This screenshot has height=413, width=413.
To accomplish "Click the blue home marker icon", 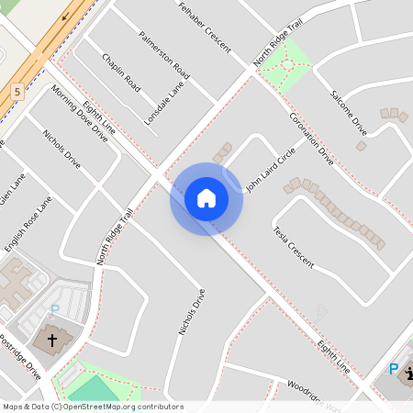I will point(206,197).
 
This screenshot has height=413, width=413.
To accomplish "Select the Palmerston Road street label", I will point(164,54).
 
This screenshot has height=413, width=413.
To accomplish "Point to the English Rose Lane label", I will point(28,224).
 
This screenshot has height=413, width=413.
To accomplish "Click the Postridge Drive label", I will point(20,358).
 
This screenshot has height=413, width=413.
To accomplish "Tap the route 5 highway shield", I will point(17,92).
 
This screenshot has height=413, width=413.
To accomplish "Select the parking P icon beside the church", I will point(54,310).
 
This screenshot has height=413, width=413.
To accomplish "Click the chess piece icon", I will point(407,372).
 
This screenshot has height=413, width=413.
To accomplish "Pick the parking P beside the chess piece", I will point(394,369).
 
